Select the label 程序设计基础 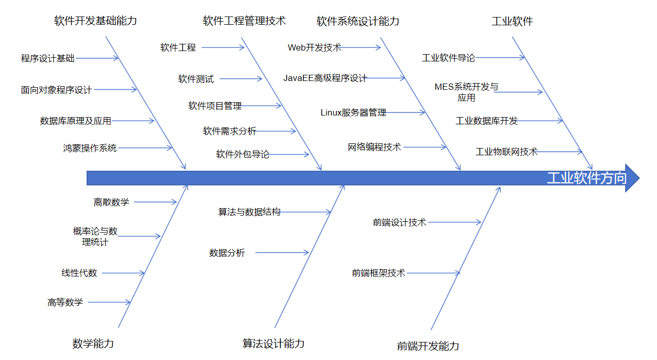pos(47,58)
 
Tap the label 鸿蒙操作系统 pos(90,148)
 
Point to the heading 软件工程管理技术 pos(244,21)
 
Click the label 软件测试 pos(195,79)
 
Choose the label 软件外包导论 pos(242,154)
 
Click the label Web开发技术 pos(314,47)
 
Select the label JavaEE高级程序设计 pos(325,78)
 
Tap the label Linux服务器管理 pos(353,112)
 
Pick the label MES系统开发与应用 pos(466,92)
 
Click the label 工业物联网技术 pos(506,152)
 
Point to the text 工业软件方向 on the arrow pos(586,178)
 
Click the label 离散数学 pos(111,202)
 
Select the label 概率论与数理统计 pos(95,236)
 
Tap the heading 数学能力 pos(93,343)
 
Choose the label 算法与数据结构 pos(249,212)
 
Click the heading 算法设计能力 pos(273,343)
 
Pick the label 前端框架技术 pos(379,273)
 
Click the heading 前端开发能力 pos(428,346)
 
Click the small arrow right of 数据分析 pos(282,252)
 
